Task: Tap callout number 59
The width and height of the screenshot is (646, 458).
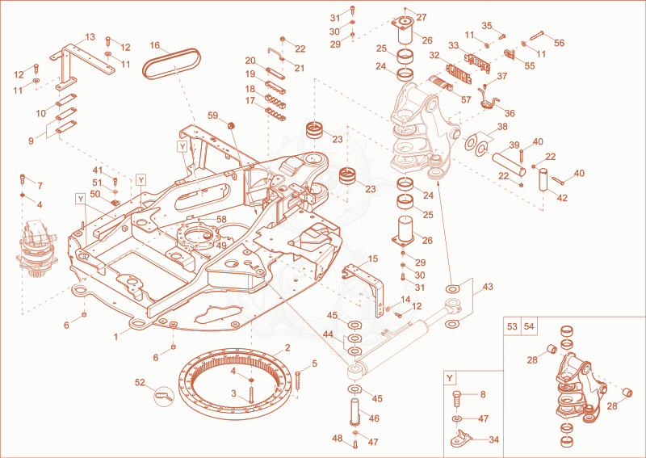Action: (x=213, y=116)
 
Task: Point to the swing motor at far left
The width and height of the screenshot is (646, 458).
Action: (x=36, y=250)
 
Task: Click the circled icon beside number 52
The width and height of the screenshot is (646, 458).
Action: (x=164, y=396)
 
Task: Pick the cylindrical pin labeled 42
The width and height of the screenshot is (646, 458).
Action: (x=543, y=179)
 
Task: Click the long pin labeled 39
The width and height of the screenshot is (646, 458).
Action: (x=509, y=163)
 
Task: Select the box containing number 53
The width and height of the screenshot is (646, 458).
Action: (x=512, y=327)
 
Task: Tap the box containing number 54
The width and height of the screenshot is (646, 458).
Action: (x=530, y=327)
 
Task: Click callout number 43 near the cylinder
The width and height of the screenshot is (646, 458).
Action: (x=487, y=286)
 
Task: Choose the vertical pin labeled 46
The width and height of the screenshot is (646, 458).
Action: (x=355, y=411)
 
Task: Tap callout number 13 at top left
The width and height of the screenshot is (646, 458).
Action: (x=90, y=37)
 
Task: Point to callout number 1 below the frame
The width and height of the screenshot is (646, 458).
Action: (x=116, y=337)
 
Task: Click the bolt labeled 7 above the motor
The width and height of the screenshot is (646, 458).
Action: (x=23, y=179)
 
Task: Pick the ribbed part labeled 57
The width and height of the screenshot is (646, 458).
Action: (x=441, y=83)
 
